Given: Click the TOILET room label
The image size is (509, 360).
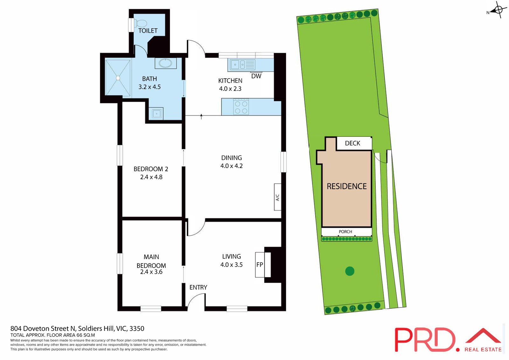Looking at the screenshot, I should coord(148,31).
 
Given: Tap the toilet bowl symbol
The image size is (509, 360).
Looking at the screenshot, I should coord(141,24).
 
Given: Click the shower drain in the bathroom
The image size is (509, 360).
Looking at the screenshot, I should coord(118,78).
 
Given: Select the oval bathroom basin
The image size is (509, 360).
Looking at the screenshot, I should coord(165,63).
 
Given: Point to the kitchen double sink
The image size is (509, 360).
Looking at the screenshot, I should coord(239,65).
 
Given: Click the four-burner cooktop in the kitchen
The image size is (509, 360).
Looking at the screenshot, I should coord(241,107).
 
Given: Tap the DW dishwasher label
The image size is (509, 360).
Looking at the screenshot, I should coord(256,76).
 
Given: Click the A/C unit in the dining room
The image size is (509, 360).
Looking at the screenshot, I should coord(277,197).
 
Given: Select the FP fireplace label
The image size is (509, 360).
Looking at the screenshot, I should coord(260,265).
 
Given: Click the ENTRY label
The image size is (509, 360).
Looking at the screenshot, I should coord(198,287).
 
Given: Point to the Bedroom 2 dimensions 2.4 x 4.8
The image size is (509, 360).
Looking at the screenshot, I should coord(151,177).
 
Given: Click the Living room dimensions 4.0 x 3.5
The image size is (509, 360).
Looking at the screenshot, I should coord(231,265).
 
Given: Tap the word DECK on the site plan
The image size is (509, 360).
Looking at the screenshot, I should coord(352,143).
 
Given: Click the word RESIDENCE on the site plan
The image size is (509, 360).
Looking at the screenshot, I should coord(346,186).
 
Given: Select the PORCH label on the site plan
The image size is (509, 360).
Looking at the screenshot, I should coord(345,232).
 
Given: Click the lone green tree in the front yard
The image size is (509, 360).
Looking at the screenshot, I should coord(350,271).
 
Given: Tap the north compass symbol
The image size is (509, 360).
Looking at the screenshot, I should coord(498,10).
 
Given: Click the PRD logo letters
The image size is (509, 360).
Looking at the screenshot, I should coord(425,340).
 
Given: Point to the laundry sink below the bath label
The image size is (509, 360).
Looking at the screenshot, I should coord(156,113).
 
